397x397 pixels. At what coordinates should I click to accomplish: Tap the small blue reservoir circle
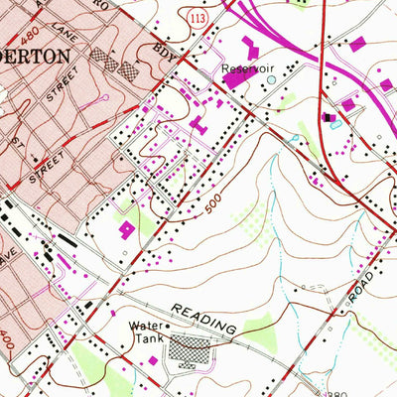point(261,81)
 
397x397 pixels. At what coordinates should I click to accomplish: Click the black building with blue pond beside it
point(329,118)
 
